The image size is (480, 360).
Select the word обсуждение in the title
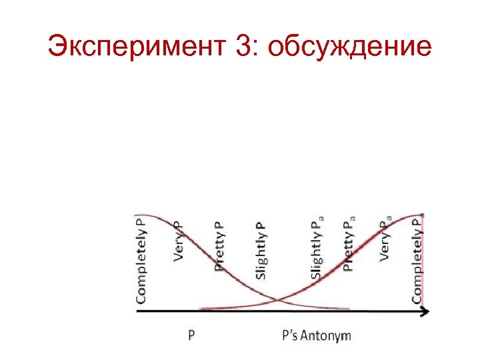tap(351, 47)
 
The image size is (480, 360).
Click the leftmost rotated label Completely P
tap(142, 259)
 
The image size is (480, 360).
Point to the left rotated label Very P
tap(179, 240)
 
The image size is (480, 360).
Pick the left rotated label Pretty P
tap(219, 246)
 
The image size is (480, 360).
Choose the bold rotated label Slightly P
tap(261, 250)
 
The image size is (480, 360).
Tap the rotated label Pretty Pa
tap(348, 243)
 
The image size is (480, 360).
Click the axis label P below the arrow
tap(191, 335)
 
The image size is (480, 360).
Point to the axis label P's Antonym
tap(316, 335)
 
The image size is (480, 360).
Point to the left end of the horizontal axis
tap(137, 311)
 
